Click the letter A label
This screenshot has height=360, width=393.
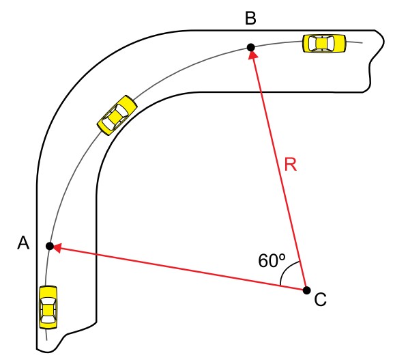click(x=23, y=243)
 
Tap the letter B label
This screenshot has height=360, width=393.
click(x=250, y=18)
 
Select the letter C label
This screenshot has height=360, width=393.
click(x=320, y=299)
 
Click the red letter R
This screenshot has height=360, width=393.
click(x=291, y=165)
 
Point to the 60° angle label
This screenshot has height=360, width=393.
click(x=272, y=260)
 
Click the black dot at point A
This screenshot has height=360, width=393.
click(x=50, y=246)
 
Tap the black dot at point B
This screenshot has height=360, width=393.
click(x=251, y=47)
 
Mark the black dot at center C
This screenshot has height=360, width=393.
click(x=306, y=290)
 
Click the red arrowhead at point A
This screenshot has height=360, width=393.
click(x=57, y=248)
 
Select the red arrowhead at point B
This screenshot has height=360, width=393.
click(x=252, y=55)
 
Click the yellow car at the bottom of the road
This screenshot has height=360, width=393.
click(x=48, y=307)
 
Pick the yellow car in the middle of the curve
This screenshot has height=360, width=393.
click(x=117, y=115)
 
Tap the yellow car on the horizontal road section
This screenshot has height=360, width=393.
click(x=324, y=44)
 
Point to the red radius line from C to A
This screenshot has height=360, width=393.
click(x=178, y=268)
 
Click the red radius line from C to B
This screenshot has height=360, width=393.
click(x=278, y=169)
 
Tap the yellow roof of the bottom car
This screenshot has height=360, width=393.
click(x=48, y=310)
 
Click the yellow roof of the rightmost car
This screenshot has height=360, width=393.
click(x=321, y=44)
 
